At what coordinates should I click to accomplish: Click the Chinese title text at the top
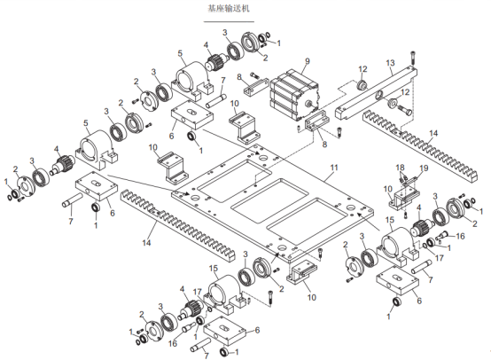click(x=229, y=8)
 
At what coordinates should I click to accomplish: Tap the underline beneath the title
click(x=229, y=22)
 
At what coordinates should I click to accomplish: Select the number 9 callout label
click(x=308, y=61)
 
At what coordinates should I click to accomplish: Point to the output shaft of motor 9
click(x=308, y=104)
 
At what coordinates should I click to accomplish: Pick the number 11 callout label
click(x=334, y=168)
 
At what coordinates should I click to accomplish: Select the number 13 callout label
click(x=391, y=63)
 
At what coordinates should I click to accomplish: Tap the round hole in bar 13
click(x=379, y=94)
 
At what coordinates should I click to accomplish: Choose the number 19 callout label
click(x=424, y=168)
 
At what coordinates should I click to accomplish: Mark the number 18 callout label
click(x=401, y=168)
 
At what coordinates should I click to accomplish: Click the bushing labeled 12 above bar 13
click(x=362, y=85)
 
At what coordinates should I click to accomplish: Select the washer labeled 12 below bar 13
click(x=392, y=103)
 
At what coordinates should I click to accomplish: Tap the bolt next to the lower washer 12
click(x=404, y=110)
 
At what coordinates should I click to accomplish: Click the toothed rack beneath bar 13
click(x=420, y=145)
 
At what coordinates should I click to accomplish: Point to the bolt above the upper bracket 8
click(x=254, y=75)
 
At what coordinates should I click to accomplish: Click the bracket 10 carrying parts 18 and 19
click(x=404, y=198)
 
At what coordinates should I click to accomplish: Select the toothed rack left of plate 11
click(x=177, y=225)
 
